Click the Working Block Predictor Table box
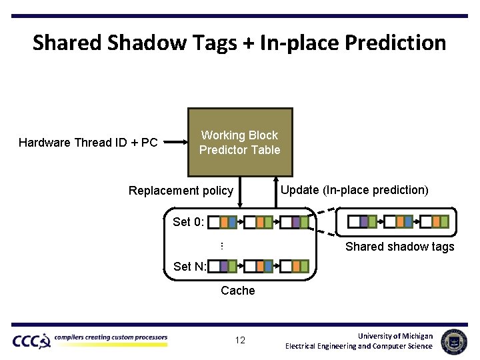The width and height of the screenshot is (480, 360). point(239,143)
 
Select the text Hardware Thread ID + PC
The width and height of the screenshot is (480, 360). point(88,143)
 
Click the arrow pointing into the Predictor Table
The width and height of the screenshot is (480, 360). point(175,142)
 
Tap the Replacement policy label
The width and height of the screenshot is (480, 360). point(181,191)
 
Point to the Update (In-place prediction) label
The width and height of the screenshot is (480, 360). point(354,190)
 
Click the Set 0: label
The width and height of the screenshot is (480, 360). point(188,222)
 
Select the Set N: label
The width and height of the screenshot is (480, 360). point(189,267)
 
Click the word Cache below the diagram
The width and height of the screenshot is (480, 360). point(237,291)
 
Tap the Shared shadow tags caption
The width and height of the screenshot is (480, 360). point(399,247)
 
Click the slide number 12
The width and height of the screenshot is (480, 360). point(240,341)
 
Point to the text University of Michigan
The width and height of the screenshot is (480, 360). point(395,336)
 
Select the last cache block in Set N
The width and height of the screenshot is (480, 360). point(295,267)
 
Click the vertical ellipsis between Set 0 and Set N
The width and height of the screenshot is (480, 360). point(221,246)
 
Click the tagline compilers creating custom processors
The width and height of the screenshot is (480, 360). point(111,338)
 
